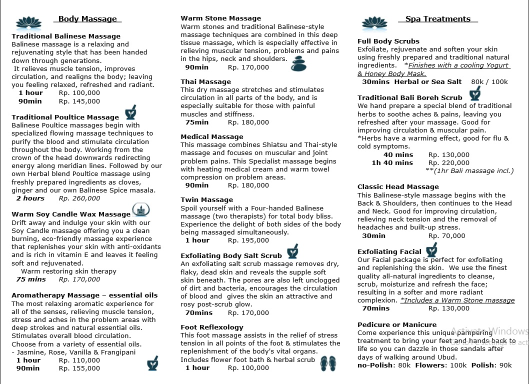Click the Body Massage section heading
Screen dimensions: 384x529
tap(87, 19)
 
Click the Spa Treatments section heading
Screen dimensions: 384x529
tap(437, 19)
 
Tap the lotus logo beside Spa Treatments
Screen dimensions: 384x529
tap(374, 22)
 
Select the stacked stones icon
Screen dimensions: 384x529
tap(298, 63)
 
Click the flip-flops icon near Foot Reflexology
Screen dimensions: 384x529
tap(328, 363)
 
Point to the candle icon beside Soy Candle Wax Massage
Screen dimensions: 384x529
tap(140, 210)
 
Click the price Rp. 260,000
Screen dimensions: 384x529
tap(79, 198)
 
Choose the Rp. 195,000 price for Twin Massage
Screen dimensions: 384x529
tap(248, 240)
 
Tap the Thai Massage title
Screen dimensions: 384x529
tap(205, 81)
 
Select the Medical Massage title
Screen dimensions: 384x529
tap(211, 136)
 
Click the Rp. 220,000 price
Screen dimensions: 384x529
tap(448, 162)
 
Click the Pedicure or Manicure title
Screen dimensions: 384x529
tap(397, 324)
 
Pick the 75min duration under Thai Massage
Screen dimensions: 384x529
tap(197, 122)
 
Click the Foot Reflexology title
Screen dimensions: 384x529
tap(211, 327)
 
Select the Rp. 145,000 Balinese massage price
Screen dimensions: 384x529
tap(79, 101)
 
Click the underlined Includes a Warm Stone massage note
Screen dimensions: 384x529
tap(457, 300)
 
